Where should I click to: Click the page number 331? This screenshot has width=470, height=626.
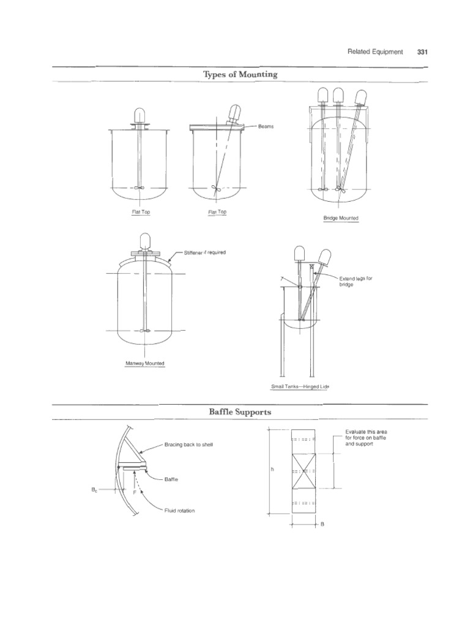pyautogui.click(x=422, y=52)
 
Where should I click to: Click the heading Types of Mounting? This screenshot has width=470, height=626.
pyautogui.click(x=239, y=75)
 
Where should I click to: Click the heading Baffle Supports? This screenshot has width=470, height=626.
pyautogui.click(x=239, y=413)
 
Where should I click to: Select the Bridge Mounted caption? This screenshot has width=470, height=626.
pyautogui.click(x=341, y=218)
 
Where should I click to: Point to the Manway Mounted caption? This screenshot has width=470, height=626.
pyautogui.click(x=145, y=363)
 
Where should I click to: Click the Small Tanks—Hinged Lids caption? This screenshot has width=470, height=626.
pyautogui.click(x=296, y=387)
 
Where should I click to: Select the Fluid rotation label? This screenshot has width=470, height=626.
pyautogui.click(x=179, y=510)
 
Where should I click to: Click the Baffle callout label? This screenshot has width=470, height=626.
pyautogui.click(x=171, y=480)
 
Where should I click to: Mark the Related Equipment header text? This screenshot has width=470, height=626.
pyautogui.click(x=375, y=52)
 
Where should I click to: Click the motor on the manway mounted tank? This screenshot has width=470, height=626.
pyautogui.click(x=145, y=241)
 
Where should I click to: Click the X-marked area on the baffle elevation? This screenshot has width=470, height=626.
pyautogui.click(x=304, y=471)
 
